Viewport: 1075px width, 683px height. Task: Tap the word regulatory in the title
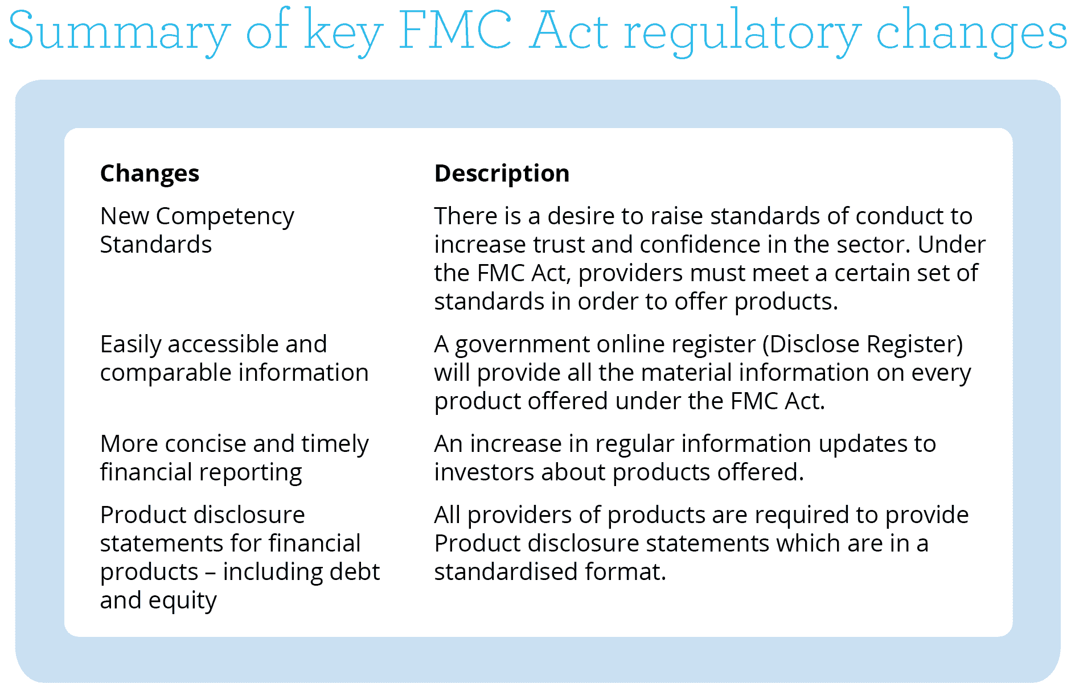click(742, 32)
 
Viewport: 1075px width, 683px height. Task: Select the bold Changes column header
click(150, 174)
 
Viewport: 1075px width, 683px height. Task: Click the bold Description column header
click(502, 173)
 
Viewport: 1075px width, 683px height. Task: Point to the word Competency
click(225, 217)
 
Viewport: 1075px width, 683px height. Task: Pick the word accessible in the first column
click(223, 344)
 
